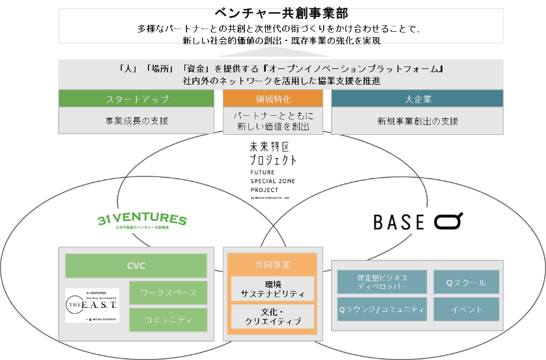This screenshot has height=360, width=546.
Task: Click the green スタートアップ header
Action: pyautogui.click(x=136, y=99)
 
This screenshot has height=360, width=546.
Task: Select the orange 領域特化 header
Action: pyautogui.click(x=273, y=99)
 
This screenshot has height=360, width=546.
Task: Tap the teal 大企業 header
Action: pyautogui.click(x=418, y=99)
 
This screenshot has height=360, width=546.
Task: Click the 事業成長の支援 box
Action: pyautogui.click(x=136, y=120)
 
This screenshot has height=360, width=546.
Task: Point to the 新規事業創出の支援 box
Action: pyautogui.click(x=418, y=120)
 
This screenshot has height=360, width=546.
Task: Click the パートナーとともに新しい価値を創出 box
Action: pyautogui.click(x=273, y=120)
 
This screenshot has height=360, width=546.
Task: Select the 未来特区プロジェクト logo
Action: pyautogui.click(x=273, y=169)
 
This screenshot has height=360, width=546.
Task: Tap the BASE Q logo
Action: pyautogui.click(x=418, y=221)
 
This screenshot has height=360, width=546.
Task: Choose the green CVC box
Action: pyautogui.click(x=136, y=266)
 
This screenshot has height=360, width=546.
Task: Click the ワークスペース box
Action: pyautogui.click(x=168, y=293)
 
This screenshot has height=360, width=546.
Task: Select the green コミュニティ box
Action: pyautogui.click(x=168, y=320)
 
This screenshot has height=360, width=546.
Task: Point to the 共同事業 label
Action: pyautogui.click(x=273, y=265)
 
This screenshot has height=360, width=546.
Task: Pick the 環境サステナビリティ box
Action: pyautogui.click(x=273, y=288)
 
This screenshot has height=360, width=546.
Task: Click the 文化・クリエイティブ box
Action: pyautogui.click(x=273, y=317)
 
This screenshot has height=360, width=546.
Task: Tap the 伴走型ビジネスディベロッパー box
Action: pyautogui.click(x=382, y=282)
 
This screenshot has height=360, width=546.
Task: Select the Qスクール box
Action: pyautogui.click(x=467, y=282)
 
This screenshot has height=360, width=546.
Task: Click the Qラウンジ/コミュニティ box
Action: pyautogui.click(x=382, y=309)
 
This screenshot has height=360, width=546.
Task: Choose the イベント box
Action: pyautogui.click(x=467, y=309)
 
